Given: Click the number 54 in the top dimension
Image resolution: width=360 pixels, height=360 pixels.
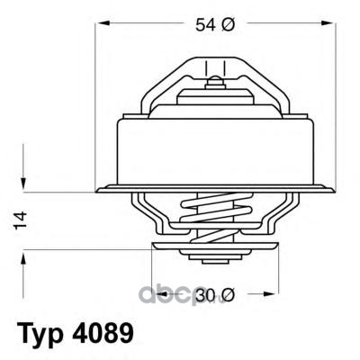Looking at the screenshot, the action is (205, 24).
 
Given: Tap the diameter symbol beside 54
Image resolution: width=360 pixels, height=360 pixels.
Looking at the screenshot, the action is (227, 24).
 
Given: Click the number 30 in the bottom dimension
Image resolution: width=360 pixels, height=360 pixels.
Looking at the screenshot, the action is (205, 295).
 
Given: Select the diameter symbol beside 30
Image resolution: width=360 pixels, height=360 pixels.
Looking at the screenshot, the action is (227, 295).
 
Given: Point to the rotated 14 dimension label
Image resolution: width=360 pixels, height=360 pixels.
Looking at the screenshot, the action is (21, 220).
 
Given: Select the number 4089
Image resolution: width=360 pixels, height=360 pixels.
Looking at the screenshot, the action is (102, 332).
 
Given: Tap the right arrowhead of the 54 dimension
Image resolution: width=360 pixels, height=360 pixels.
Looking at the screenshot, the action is (328, 22).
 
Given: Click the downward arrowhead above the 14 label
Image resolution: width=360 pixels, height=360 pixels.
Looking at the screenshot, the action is (23, 183).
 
